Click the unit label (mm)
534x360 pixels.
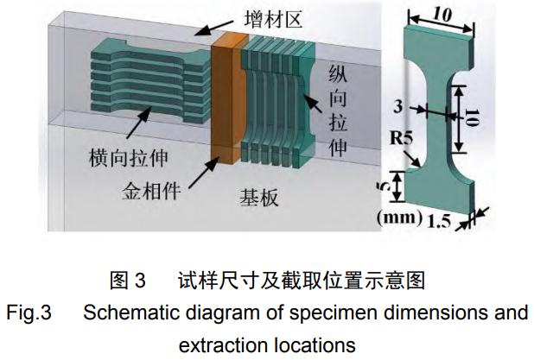[x=398, y=217]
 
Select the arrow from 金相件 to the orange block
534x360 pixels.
[x=197, y=171]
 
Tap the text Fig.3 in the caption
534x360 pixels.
[x=29, y=312]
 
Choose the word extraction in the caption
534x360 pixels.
[x=221, y=344]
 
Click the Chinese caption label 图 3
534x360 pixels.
[x=130, y=281]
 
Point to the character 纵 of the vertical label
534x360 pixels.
[x=336, y=75]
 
